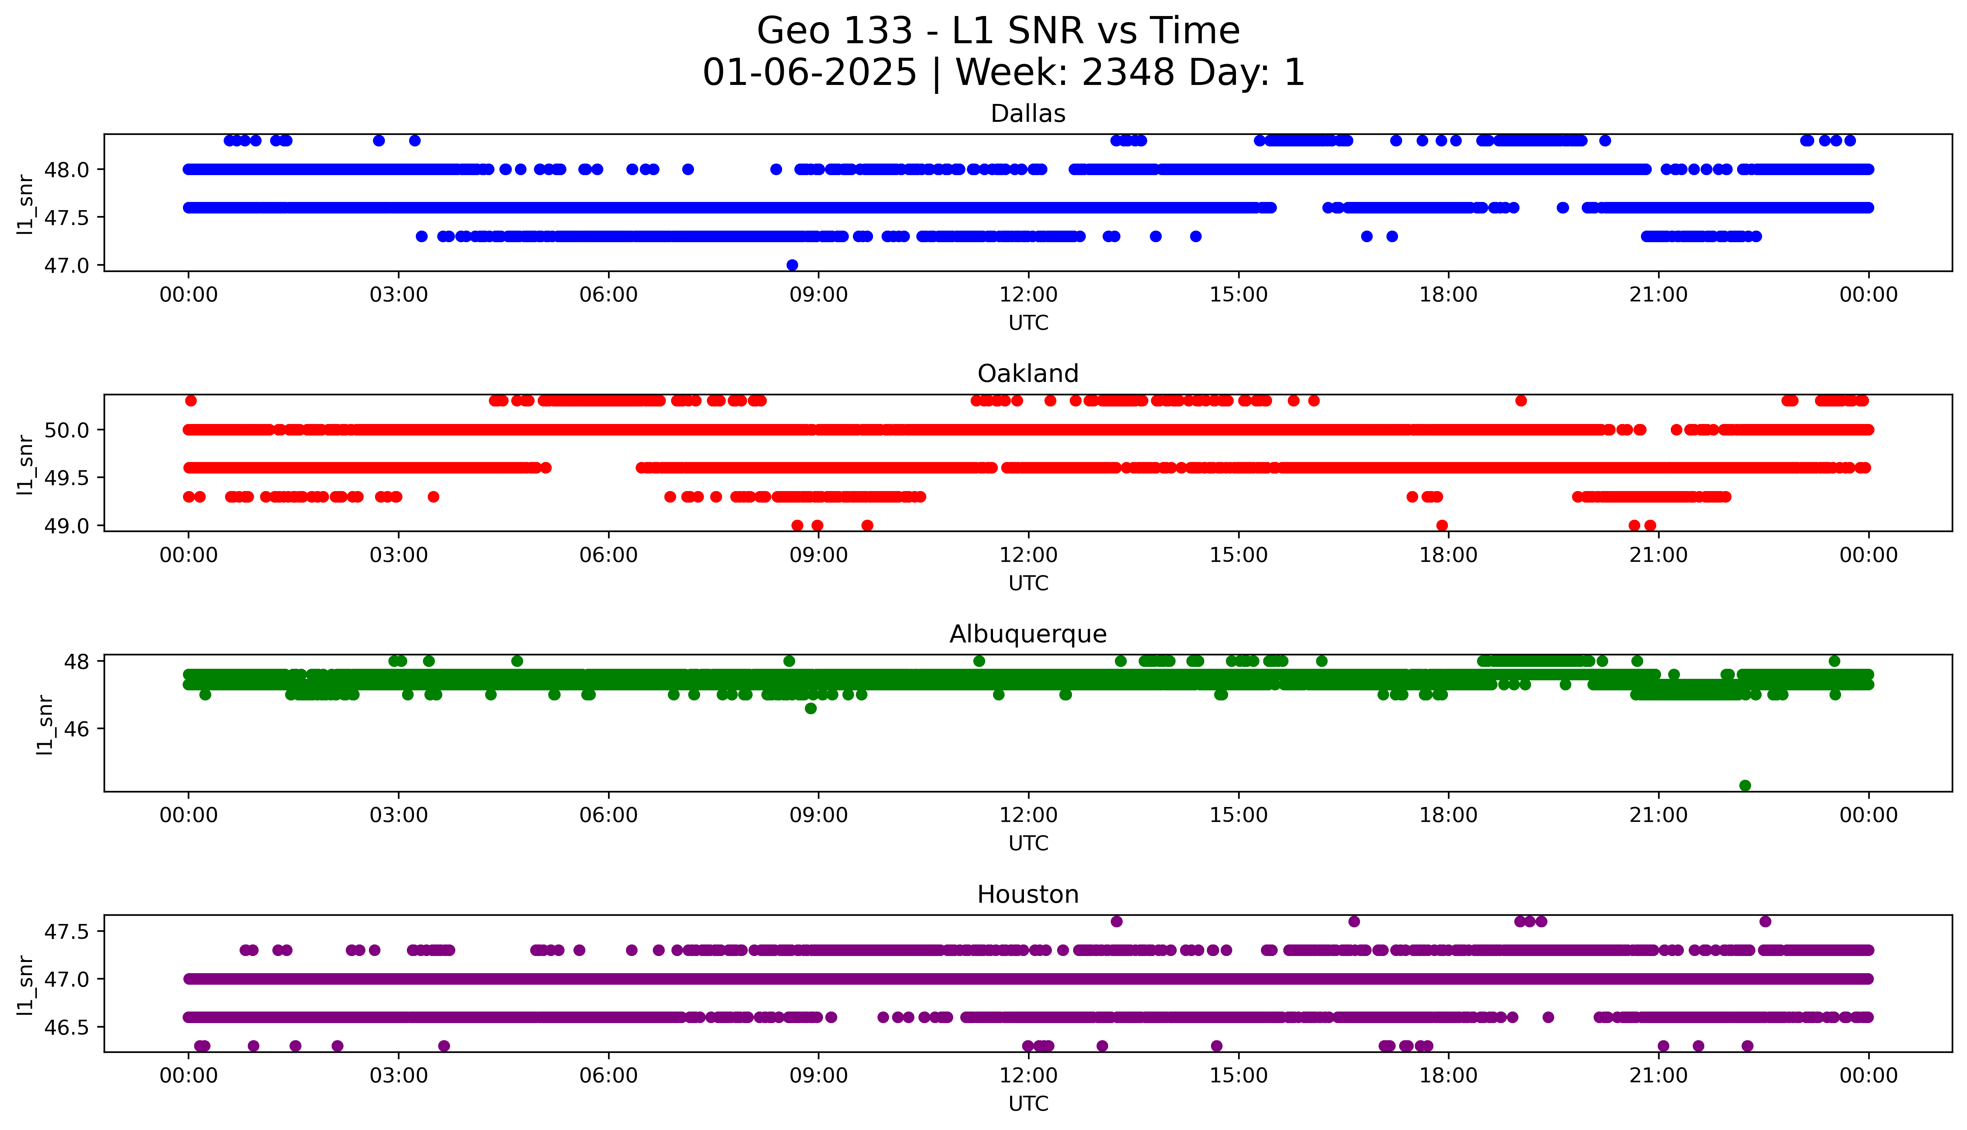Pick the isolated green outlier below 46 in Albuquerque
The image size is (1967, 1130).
(x=1745, y=785)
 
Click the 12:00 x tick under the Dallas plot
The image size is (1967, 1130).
(x=1028, y=295)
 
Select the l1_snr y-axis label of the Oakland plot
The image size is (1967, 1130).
(x=26, y=464)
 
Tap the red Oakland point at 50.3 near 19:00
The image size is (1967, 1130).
(x=1521, y=401)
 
